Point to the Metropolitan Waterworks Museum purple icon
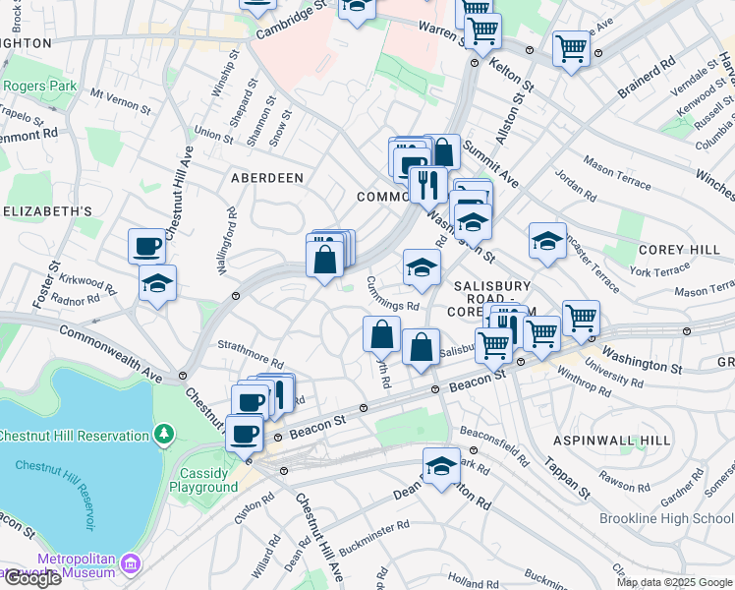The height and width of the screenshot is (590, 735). pyautogui.click(x=131, y=564)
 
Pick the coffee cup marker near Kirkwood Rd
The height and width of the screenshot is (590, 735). pyautogui.click(x=146, y=245)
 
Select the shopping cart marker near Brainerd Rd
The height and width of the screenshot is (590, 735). pyautogui.click(x=571, y=48)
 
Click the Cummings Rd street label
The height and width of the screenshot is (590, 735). pyautogui.click(x=393, y=292)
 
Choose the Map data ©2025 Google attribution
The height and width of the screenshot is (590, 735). pyautogui.click(x=674, y=582)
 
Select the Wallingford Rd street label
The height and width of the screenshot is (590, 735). pyautogui.click(x=233, y=234)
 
